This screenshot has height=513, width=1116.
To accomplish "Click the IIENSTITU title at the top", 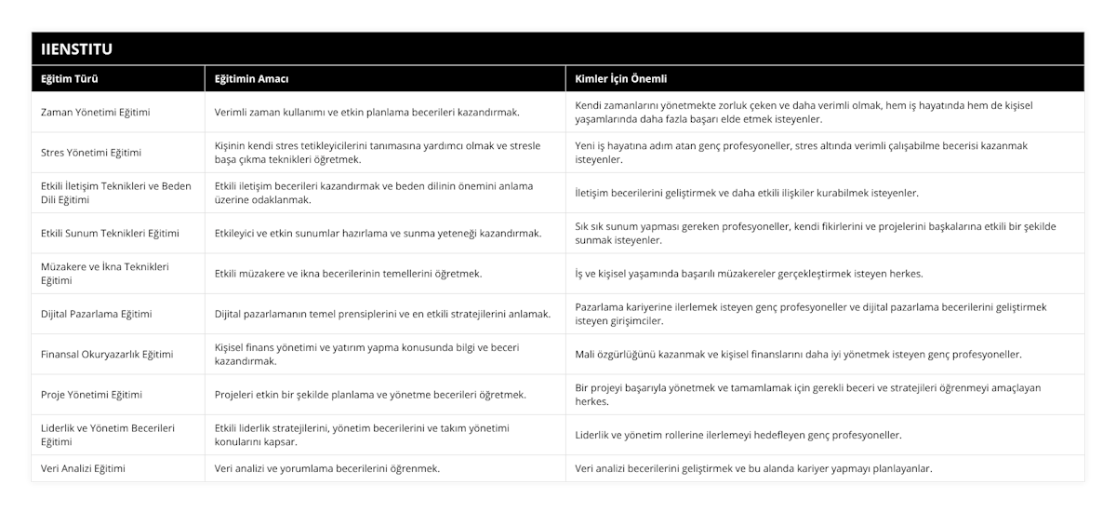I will [x=79, y=48].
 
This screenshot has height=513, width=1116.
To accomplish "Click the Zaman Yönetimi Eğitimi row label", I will [x=96, y=112].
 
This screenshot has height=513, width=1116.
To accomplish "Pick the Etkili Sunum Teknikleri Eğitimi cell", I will [x=111, y=233].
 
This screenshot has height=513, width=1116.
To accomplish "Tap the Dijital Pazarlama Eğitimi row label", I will [x=97, y=314].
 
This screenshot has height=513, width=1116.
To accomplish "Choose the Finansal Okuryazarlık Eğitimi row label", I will [x=107, y=354].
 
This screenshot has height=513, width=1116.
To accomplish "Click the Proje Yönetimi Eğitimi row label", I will [x=92, y=395].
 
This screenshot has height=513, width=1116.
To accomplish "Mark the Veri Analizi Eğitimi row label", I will [x=84, y=468].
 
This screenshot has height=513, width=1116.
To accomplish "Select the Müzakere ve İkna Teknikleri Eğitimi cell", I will [x=104, y=273].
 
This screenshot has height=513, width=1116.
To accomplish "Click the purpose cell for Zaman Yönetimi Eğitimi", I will [x=366, y=112].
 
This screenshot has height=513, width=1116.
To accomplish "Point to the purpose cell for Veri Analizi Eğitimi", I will [x=327, y=468].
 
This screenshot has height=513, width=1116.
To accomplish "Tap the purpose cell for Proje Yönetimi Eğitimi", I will [x=370, y=395].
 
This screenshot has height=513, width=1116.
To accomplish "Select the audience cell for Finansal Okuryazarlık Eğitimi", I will [x=798, y=354].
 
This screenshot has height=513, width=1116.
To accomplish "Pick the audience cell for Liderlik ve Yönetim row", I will [x=738, y=435].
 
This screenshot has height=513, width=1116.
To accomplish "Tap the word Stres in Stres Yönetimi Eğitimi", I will [x=54, y=153].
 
